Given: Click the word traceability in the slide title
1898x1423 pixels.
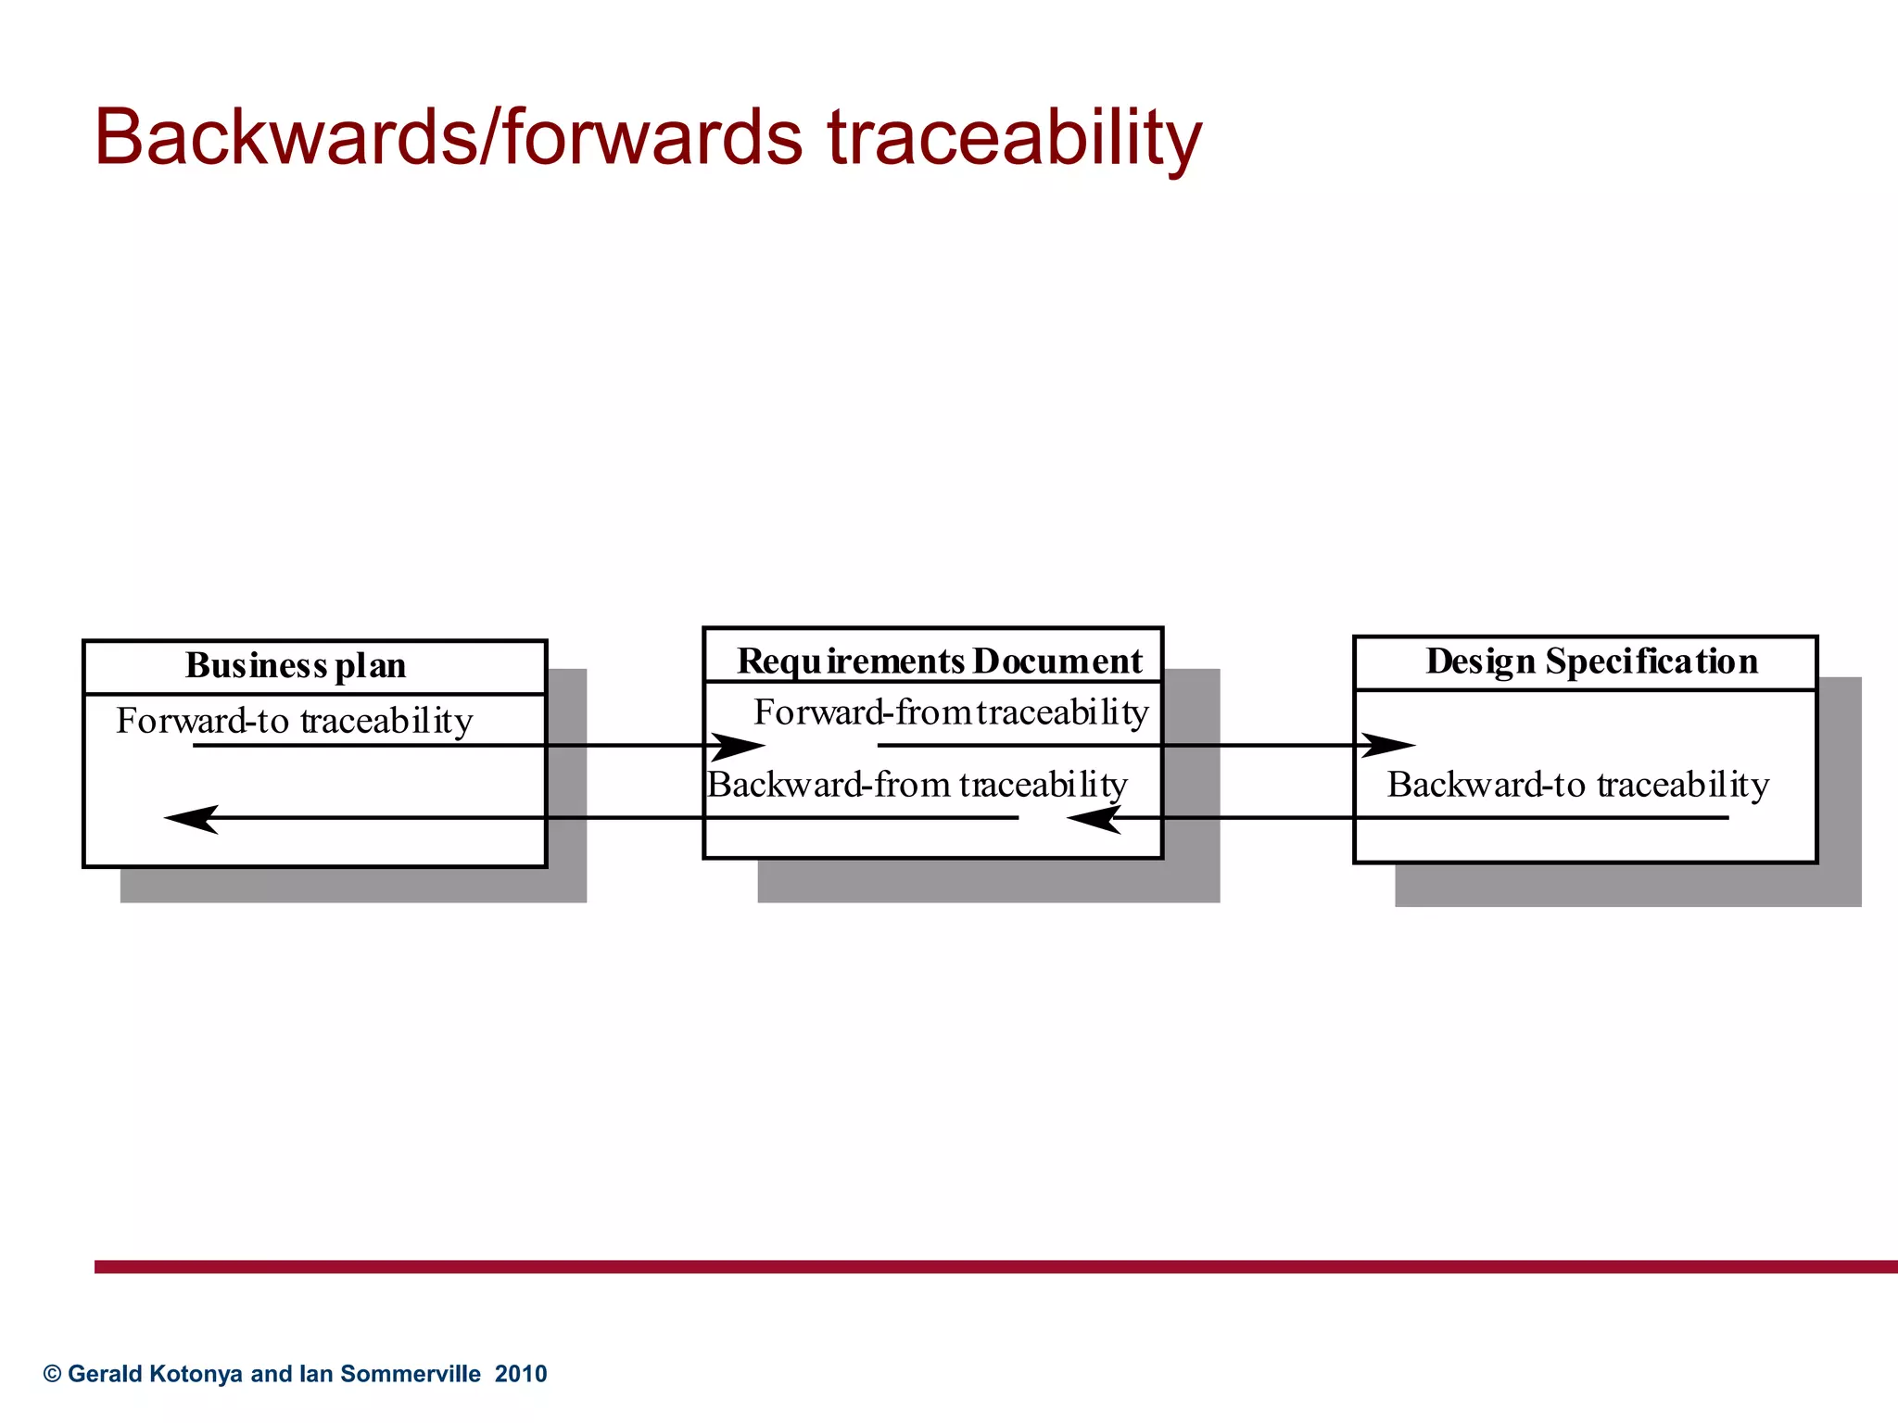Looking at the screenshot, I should coord(1014,139).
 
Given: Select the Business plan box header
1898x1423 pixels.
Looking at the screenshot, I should coord(296,666).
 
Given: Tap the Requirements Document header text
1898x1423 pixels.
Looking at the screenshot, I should coord(939,661).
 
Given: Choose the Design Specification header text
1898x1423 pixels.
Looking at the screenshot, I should coord(1591,661).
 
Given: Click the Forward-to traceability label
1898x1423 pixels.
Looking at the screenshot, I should coord(294,721).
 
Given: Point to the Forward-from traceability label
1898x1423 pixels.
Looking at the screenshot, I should coord(951,712).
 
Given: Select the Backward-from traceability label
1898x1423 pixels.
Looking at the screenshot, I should coord(917,785).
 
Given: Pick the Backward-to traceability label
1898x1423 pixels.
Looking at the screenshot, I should coord(1577,785).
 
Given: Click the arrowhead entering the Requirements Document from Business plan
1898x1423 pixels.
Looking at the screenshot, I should coord(740,746).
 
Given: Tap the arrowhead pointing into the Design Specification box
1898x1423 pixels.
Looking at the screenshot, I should coord(1389,745).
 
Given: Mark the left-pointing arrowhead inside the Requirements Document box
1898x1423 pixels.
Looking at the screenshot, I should coord(1093,818).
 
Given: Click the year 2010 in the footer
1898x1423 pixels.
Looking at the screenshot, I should coord(521,1374).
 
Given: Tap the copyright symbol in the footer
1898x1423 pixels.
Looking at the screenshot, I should coord(53,1374).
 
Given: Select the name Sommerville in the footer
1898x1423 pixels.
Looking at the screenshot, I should coord(411,1374).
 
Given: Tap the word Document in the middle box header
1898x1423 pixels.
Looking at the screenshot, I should coord(1057,661).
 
